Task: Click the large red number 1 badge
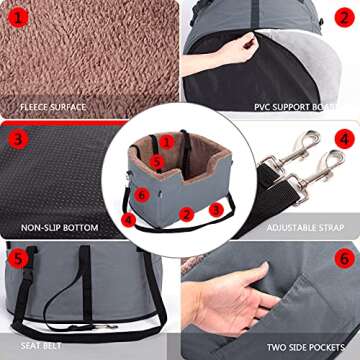click(x=18, y=18)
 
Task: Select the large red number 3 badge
click(x=18, y=139)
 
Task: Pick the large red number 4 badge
click(x=343, y=139)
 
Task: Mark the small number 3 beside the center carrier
click(x=214, y=209)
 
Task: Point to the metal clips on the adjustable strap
click(x=300, y=165)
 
